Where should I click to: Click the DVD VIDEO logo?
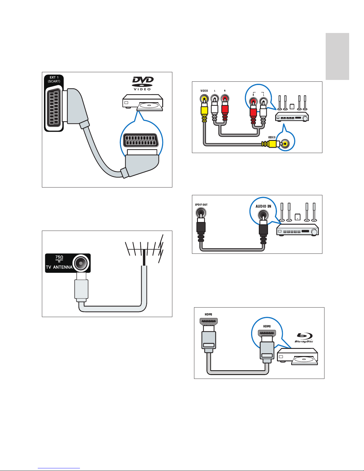tap(143, 84)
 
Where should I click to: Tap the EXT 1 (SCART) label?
tap(54, 79)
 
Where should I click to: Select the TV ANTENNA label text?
tap(59, 267)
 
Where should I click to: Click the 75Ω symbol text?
tap(59, 257)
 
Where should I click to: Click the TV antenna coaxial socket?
tap(81, 263)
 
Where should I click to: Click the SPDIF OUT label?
tap(201, 205)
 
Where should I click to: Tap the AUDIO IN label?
tap(263, 206)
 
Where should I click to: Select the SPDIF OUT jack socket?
tap(201, 213)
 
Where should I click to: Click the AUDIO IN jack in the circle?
tap(263, 214)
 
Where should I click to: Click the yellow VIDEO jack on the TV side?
tap(204, 99)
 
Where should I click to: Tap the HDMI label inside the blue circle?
tap(267, 326)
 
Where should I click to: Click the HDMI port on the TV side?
tap(209, 321)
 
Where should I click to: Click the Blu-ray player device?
tap(297, 357)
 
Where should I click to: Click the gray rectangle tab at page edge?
tap(337, 56)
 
